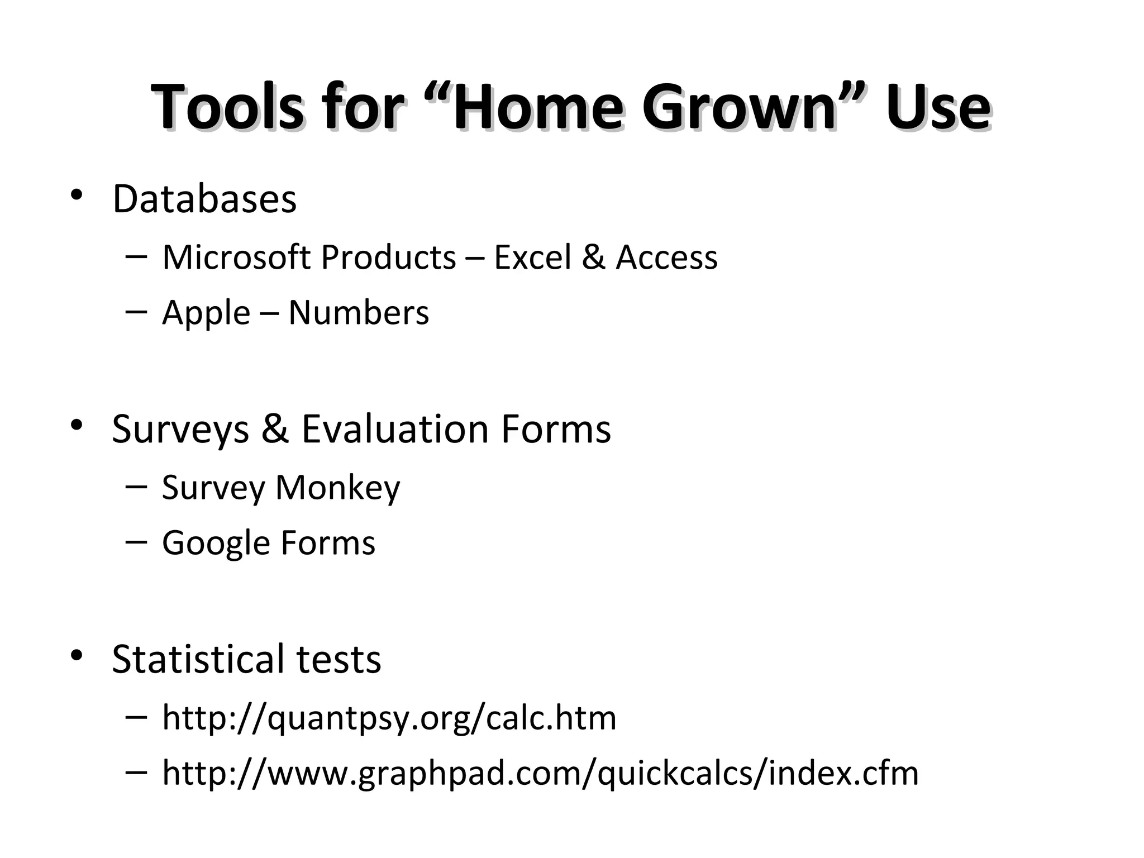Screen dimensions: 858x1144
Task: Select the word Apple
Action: pos(206,313)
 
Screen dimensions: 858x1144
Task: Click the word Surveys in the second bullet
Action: pos(180,430)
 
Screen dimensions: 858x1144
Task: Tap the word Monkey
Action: pos(338,488)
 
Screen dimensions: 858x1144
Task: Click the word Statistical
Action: pos(198,659)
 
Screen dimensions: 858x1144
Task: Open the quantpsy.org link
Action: pos(389,718)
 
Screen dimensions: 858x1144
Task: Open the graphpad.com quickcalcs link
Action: pos(540,773)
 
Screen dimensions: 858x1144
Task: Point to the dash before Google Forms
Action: pos(137,541)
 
